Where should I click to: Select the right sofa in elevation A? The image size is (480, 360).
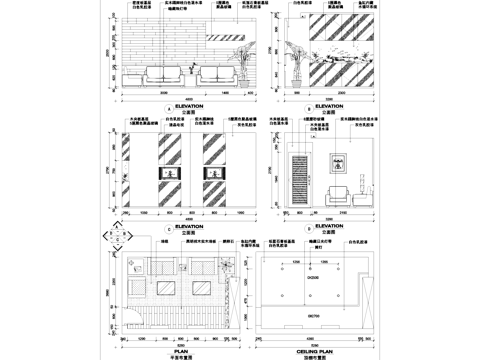pos(214,77)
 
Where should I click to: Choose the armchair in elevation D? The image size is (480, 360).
pos(342,194)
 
